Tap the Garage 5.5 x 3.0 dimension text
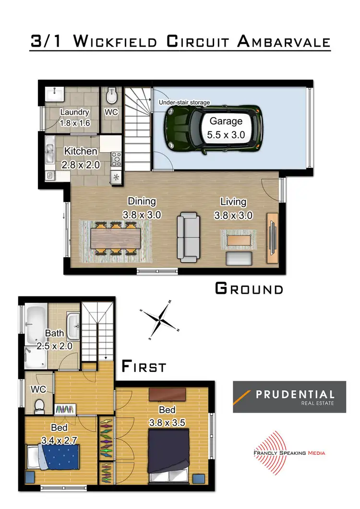click(226, 128)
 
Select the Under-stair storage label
click(184, 102)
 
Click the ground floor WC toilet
click(111, 95)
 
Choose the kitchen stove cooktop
click(116, 159)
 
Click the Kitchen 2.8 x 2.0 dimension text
click(81, 158)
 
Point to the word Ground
click(249, 289)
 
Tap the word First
click(144, 367)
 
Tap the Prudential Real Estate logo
click(289, 397)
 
